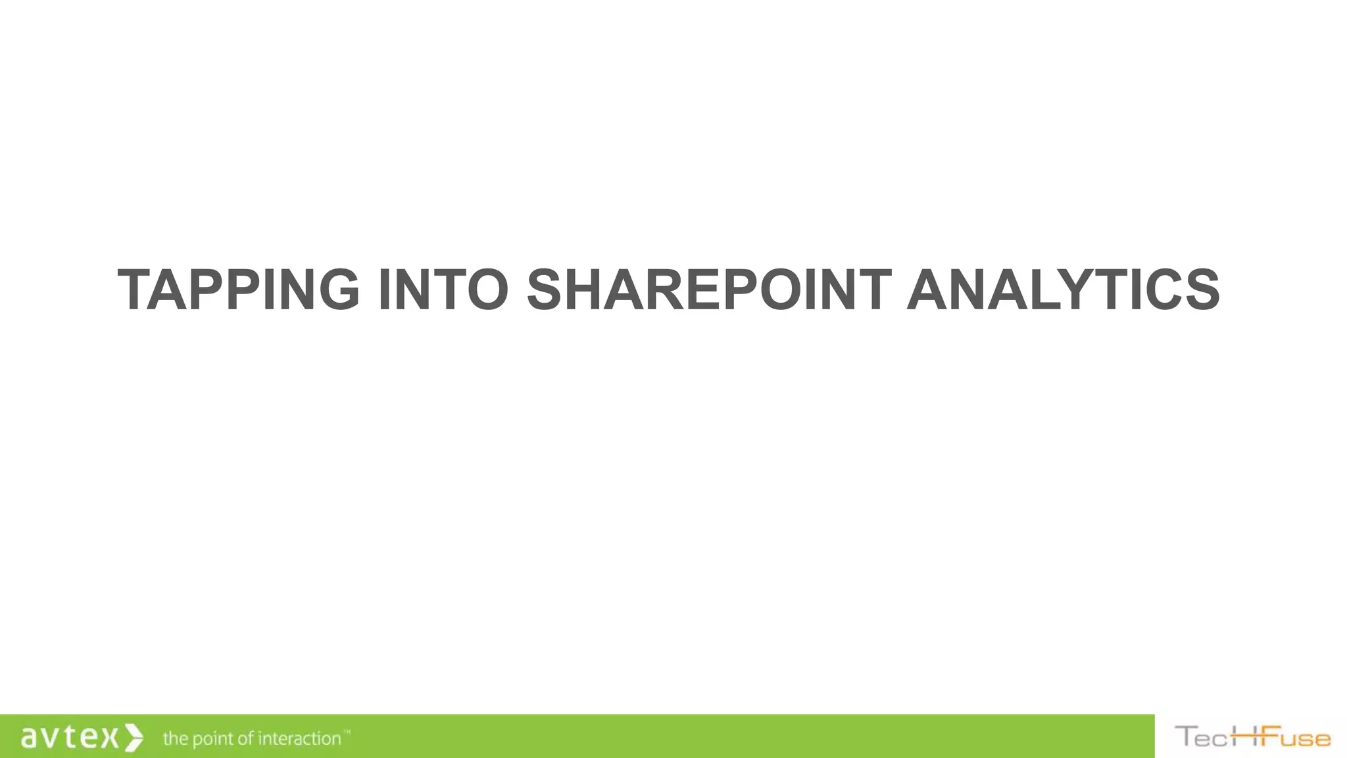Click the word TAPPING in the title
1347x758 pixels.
[239, 290]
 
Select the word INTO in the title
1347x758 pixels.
[443, 290]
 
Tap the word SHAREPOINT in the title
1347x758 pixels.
[708, 290]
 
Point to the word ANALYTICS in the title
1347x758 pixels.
[1063, 290]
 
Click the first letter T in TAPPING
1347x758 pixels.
[138, 290]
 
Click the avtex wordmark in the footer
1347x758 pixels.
[70, 737]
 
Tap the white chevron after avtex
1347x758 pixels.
[134, 737]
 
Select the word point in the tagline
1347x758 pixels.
[212, 740]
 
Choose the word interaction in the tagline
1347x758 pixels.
[299, 738]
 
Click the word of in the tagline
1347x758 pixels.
[246, 738]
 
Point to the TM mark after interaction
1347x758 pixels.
[347, 732]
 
